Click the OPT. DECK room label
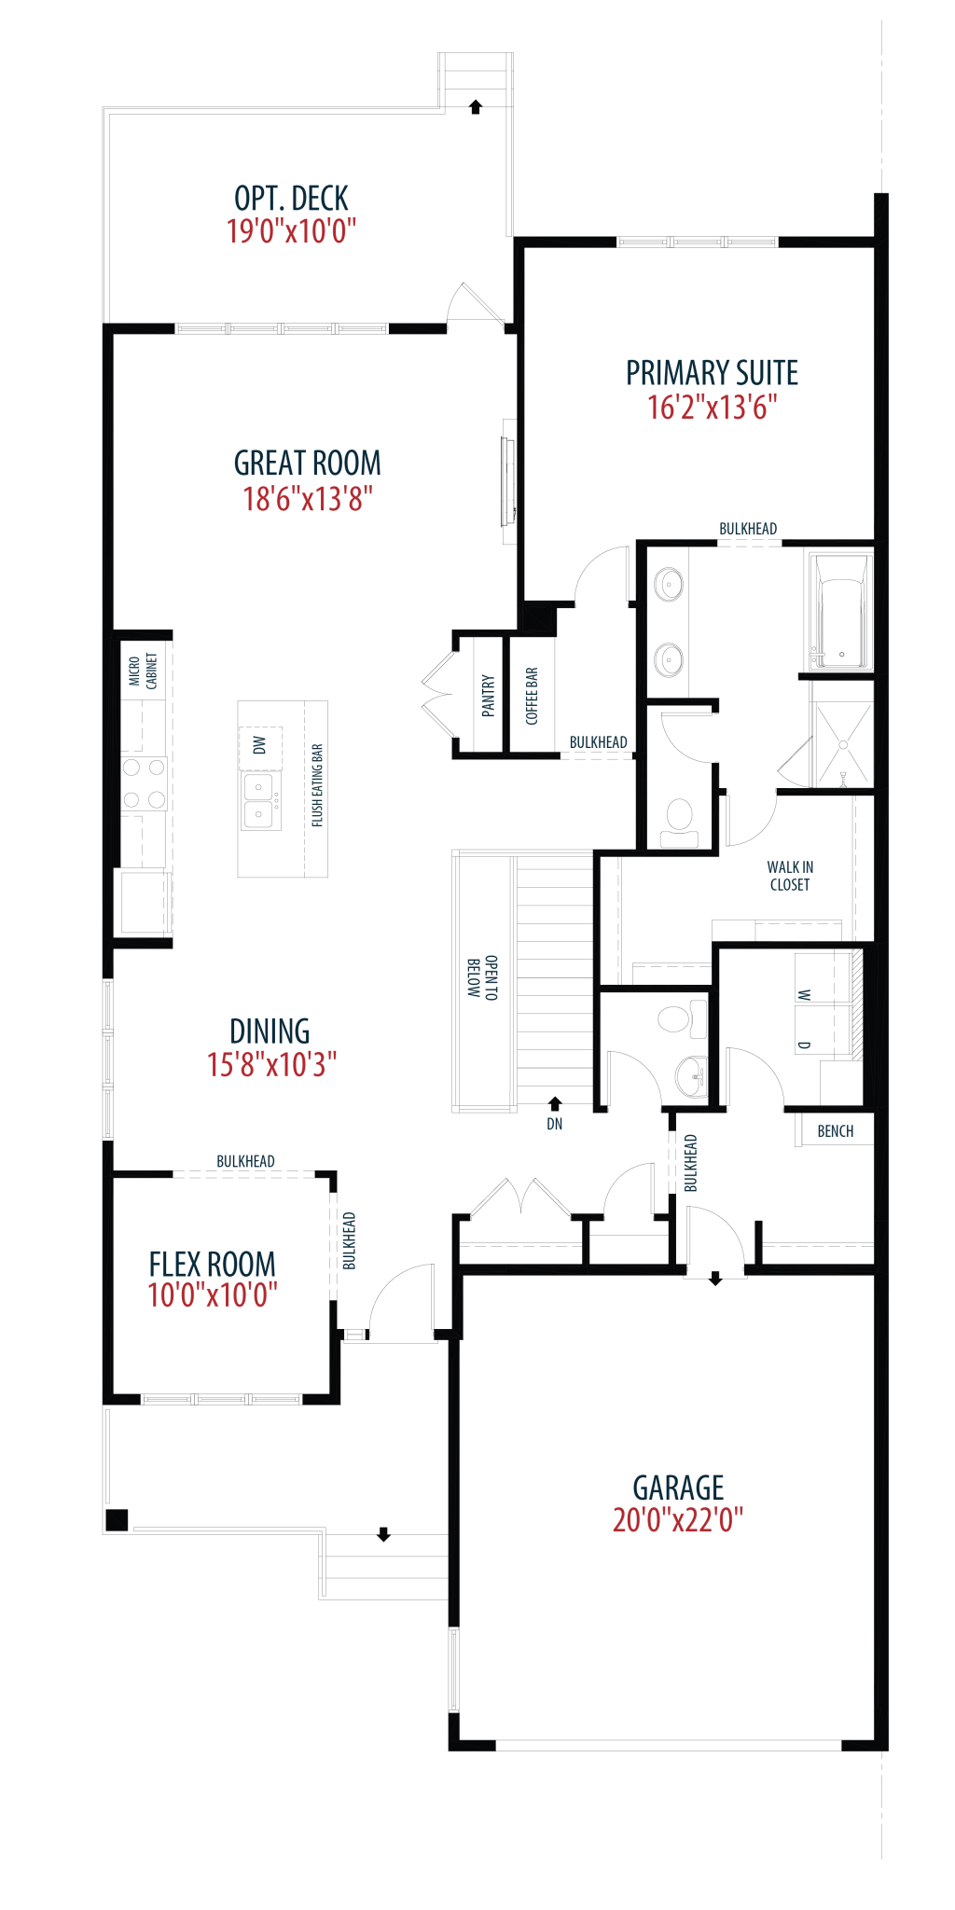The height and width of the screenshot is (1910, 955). click(291, 198)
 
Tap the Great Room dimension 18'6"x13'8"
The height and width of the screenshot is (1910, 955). click(308, 499)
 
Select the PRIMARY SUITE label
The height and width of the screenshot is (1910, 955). click(712, 373)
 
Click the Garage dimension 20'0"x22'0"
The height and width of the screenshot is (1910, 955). click(678, 1520)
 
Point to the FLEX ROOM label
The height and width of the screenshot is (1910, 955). click(213, 1264)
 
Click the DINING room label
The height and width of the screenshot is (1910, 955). click(270, 1031)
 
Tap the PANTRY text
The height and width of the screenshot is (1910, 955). click(488, 695)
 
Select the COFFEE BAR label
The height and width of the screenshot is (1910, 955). click(532, 696)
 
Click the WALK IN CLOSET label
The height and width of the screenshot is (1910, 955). click(790, 876)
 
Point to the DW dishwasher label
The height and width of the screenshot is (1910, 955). click(259, 744)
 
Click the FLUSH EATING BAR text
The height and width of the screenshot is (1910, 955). click(317, 785)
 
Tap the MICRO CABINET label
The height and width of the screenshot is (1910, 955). click(143, 671)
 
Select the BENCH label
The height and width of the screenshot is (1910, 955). click(836, 1131)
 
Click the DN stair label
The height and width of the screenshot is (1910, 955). click(555, 1124)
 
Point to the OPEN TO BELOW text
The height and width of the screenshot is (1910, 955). click(482, 978)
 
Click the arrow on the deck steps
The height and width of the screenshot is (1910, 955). click(476, 106)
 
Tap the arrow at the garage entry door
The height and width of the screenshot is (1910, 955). click(715, 1279)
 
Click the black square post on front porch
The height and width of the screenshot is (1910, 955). click(117, 1520)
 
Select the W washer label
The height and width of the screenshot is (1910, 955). click(805, 995)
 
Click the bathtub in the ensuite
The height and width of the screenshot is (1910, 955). click(841, 612)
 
